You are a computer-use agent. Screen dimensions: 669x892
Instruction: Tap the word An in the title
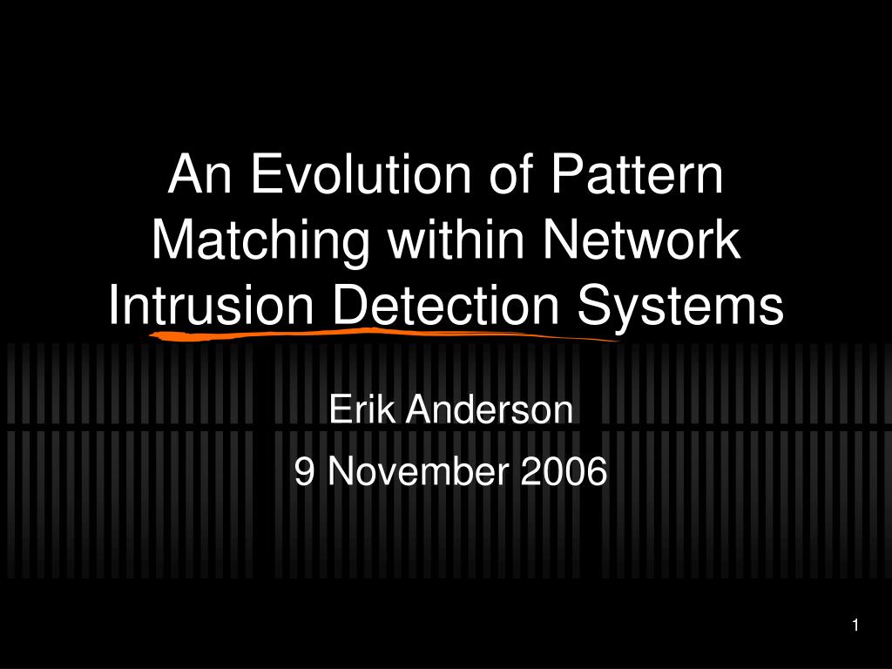196,175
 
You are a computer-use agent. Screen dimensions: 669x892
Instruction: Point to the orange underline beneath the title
383,332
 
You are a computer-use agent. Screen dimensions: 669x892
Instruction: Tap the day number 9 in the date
304,471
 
